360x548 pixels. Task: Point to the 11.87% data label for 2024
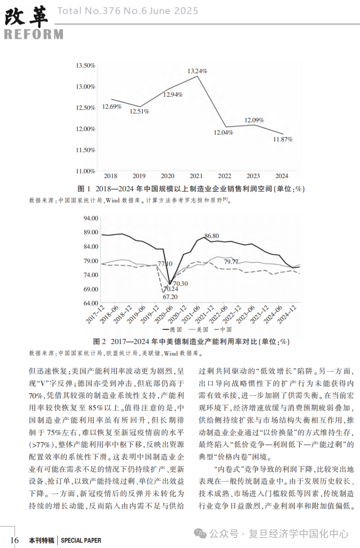coord(283,139)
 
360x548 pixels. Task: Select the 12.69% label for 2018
coord(112,107)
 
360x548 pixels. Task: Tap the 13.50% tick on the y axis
coord(85,65)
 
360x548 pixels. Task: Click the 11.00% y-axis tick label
coord(85,171)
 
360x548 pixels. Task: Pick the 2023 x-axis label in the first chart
coord(253,176)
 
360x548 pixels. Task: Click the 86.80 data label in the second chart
coord(212,236)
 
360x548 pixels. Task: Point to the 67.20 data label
coord(170,297)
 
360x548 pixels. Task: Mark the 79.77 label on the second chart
coord(231,262)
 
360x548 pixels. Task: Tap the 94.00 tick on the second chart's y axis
coord(91,218)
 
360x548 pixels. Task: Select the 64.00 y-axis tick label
coord(91,303)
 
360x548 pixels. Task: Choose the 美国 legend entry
coord(201,329)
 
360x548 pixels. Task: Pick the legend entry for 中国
coord(224,329)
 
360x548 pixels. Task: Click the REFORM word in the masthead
coord(33,34)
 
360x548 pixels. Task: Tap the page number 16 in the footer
coord(14,540)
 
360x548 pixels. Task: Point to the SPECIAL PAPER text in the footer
coord(81,540)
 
